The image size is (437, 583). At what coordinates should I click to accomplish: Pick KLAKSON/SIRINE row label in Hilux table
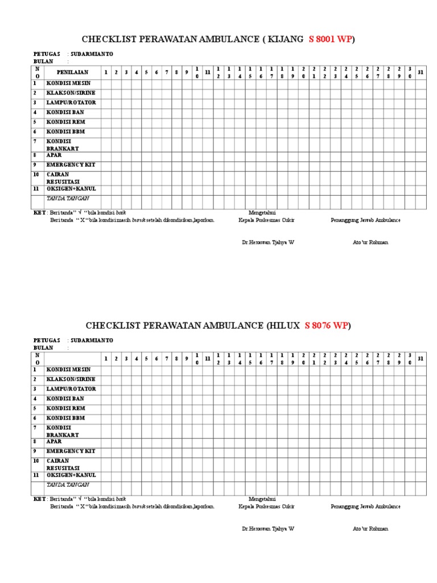[71, 379]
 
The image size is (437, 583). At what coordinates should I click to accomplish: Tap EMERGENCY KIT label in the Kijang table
[71, 165]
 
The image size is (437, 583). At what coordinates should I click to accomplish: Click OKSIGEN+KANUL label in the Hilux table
[71, 475]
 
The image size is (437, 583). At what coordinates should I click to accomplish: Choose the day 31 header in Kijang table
[420, 72]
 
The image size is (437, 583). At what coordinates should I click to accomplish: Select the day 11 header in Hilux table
[208, 359]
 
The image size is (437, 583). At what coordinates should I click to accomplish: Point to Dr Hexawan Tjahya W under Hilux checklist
[268, 529]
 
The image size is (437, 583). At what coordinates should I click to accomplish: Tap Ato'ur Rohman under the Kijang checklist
[370, 243]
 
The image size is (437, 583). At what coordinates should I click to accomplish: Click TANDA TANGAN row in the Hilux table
[68, 485]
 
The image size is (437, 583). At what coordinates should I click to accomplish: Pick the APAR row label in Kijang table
[55, 155]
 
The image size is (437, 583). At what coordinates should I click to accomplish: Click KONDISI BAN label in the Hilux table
[65, 399]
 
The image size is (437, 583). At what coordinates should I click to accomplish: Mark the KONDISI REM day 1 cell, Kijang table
[105, 122]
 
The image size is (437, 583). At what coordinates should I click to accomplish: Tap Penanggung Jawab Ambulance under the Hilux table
[365, 507]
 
